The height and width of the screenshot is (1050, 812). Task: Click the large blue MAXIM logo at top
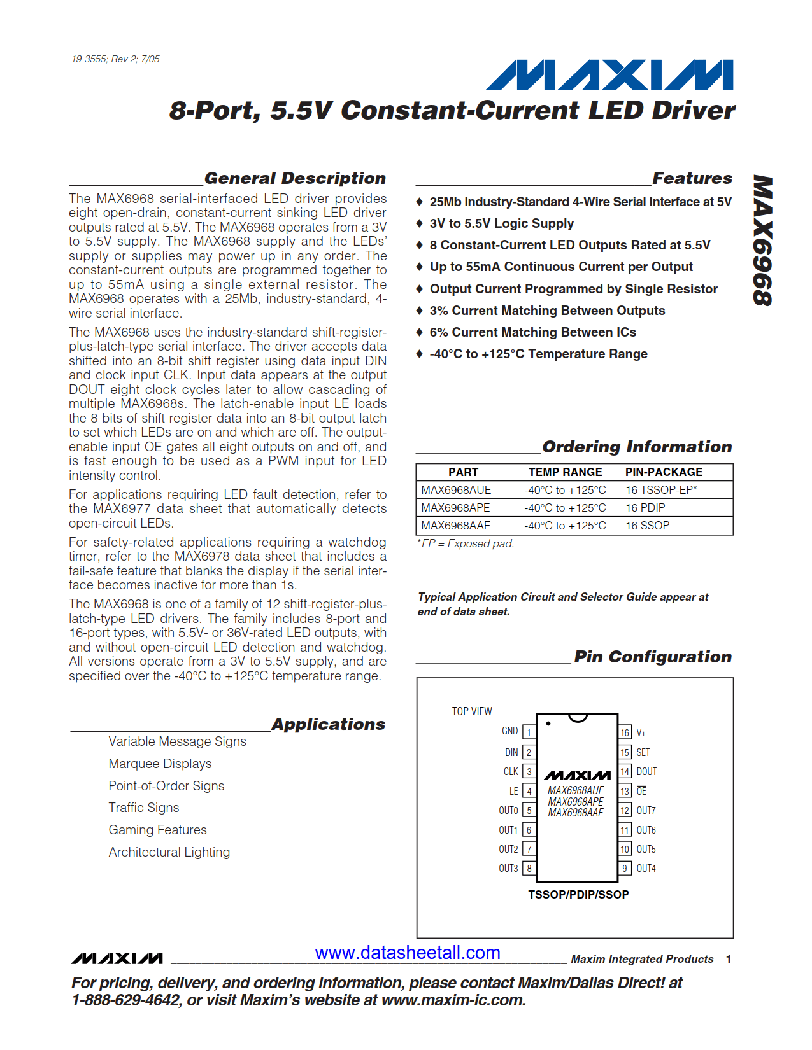pos(609,75)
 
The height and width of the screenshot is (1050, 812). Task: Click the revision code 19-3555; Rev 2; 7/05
pos(115,59)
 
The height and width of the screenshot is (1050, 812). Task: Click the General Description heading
pos(295,178)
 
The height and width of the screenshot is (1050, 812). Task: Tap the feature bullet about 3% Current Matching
pos(547,311)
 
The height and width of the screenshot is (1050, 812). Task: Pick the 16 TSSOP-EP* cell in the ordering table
pos(660,490)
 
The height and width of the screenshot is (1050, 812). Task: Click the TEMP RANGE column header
pos(565,472)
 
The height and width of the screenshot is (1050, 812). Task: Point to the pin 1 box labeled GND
pos(529,732)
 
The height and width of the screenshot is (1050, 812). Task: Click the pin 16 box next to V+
pos(625,732)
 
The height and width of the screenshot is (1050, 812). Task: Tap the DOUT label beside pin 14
pos(646,771)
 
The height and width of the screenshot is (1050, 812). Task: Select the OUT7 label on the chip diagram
pos(646,810)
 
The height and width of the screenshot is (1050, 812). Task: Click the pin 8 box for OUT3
pos(529,868)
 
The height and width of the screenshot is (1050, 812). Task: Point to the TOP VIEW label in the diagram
pos(472,711)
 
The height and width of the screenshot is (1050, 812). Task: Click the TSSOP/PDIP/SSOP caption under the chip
pos(578,894)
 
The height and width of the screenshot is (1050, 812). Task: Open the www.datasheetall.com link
pos(408,953)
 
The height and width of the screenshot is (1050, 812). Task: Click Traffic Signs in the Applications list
pos(144,808)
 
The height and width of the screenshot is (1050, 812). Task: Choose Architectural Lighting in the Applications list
pos(169,852)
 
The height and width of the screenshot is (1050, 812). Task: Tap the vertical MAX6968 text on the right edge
pos(762,241)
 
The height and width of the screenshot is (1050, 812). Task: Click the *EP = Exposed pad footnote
pos(466,543)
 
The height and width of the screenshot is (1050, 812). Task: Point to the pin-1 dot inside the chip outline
pos(548,724)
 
